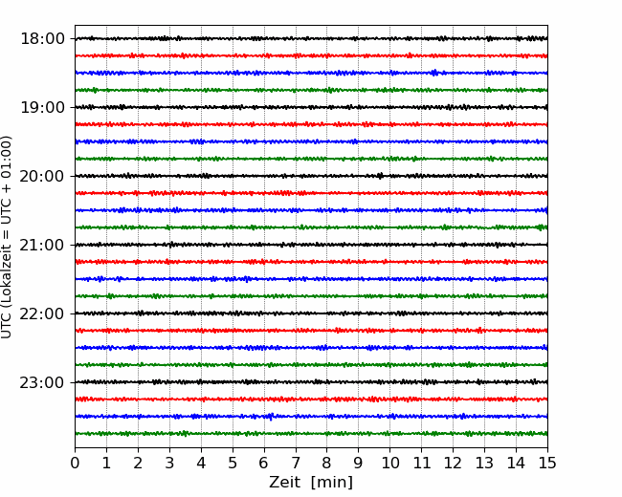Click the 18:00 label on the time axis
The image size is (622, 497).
click(x=42, y=39)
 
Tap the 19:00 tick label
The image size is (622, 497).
click(x=42, y=107)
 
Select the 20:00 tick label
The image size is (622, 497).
click(x=42, y=176)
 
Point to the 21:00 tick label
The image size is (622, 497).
click(x=42, y=245)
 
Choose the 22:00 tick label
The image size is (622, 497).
click(x=42, y=313)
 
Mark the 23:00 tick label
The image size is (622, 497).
click(x=42, y=382)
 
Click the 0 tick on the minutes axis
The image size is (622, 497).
click(x=75, y=463)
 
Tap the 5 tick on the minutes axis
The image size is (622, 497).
click(x=233, y=463)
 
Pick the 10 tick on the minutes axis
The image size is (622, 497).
click(x=389, y=463)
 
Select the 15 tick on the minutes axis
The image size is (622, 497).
click(x=547, y=463)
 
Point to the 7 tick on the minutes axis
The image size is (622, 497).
click(x=296, y=463)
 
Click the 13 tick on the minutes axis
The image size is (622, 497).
click(x=484, y=463)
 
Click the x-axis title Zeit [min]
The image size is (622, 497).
click(x=311, y=482)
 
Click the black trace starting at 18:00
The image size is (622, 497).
click(x=311, y=38)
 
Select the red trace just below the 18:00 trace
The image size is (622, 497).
click(x=311, y=55)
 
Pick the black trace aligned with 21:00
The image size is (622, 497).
click(x=311, y=245)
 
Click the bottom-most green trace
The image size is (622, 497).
click(x=311, y=434)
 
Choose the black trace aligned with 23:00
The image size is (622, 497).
click(x=311, y=382)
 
